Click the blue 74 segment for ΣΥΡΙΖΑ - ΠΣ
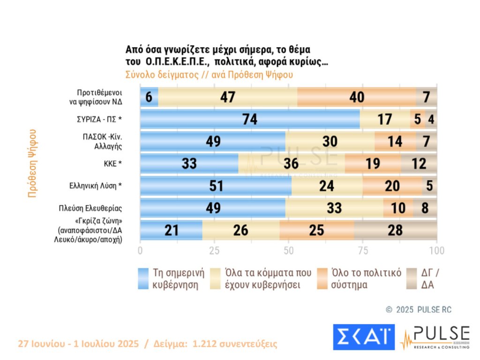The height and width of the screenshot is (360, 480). pos(250,119)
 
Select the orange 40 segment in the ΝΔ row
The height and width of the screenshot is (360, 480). pos(356,97)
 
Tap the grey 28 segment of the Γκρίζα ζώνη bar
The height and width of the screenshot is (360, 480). pos(396,230)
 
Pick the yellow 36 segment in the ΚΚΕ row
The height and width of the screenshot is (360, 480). pos(292,164)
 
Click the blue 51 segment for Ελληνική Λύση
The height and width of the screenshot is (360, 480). pos(216,186)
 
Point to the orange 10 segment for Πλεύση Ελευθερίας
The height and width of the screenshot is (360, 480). pos(398,208)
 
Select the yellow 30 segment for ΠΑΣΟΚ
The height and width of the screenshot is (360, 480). pos(330,142)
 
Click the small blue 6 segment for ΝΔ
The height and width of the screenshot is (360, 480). pos(149,97)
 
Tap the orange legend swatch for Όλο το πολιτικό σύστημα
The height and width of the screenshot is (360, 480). pos(322,278)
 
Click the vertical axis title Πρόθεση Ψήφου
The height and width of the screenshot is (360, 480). pos(32,163)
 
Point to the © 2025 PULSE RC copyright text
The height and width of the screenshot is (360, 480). pos(418,310)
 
